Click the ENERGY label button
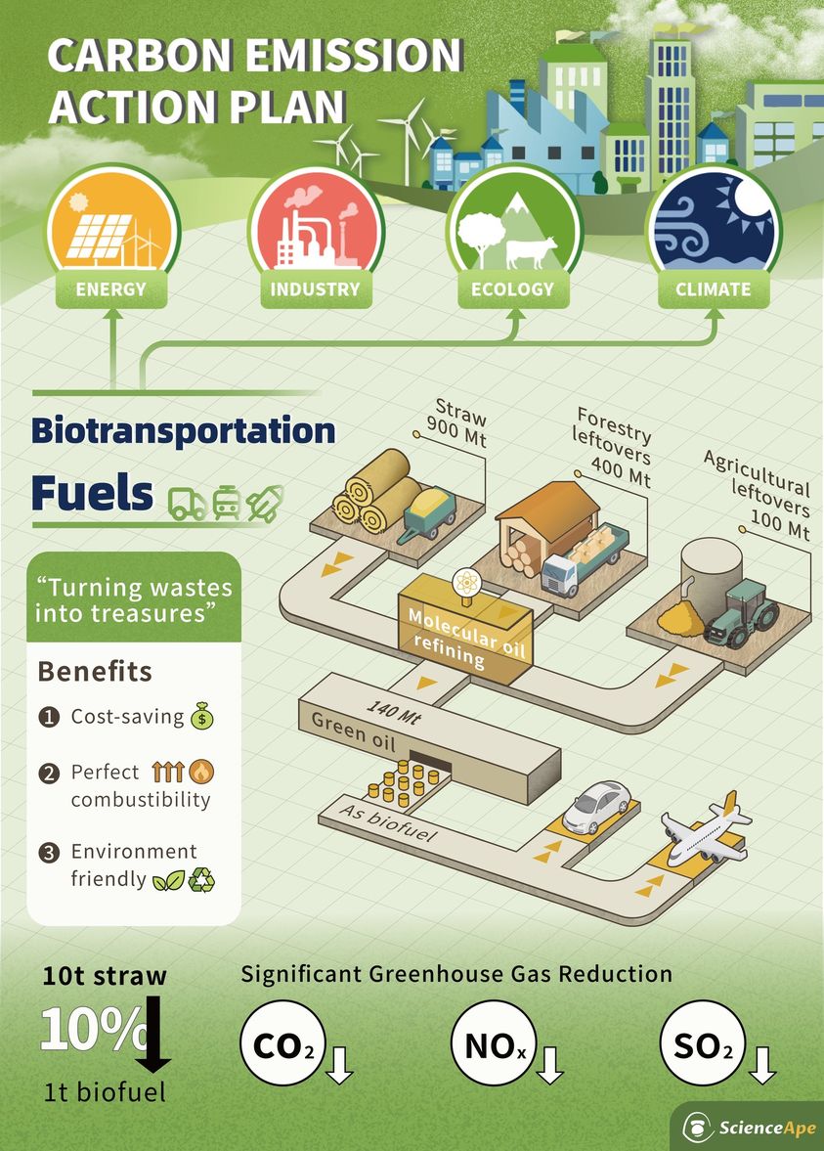click(110, 289)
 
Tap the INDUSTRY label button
click(316, 289)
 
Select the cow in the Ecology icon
click(531, 252)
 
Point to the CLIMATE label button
click(714, 289)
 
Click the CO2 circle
click(282, 1043)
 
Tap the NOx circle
click(494, 1043)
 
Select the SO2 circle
click(702, 1043)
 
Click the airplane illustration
click(705, 828)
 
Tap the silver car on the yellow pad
click(596, 807)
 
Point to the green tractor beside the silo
click(740, 614)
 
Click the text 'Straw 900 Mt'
click(457, 422)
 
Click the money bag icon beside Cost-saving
click(201, 716)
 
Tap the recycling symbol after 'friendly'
click(201, 879)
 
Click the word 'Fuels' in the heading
click(92, 493)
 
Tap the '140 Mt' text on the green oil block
click(393, 711)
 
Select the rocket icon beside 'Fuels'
click(265, 503)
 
